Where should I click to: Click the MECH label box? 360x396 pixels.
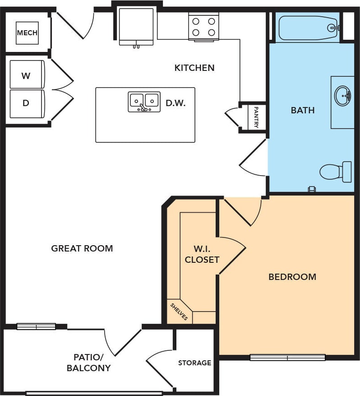click(x=27, y=33)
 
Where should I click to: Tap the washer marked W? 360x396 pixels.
click(x=27, y=75)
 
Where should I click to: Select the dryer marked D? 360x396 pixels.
click(x=27, y=103)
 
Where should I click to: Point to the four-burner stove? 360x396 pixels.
click(x=203, y=27)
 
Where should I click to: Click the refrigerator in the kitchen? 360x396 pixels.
click(x=136, y=27)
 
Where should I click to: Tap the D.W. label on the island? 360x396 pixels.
click(x=175, y=103)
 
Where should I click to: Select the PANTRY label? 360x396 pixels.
click(x=256, y=117)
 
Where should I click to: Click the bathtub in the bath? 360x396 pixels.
click(x=309, y=28)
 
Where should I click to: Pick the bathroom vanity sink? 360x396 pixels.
click(x=343, y=96)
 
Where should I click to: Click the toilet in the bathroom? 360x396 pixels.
click(x=336, y=172)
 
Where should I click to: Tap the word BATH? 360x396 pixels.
click(x=303, y=110)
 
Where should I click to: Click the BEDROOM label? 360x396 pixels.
click(x=292, y=277)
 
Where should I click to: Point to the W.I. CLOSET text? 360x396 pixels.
click(x=202, y=254)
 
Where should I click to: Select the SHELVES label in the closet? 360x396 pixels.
click(x=179, y=311)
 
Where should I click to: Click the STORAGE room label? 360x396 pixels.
click(x=194, y=363)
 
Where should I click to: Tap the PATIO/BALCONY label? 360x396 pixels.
click(x=88, y=362)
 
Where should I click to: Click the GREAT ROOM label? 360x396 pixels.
click(x=82, y=248)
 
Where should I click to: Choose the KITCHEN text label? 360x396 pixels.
click(x=194, y=68)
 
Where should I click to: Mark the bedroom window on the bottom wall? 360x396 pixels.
click(x=288, y=357)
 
